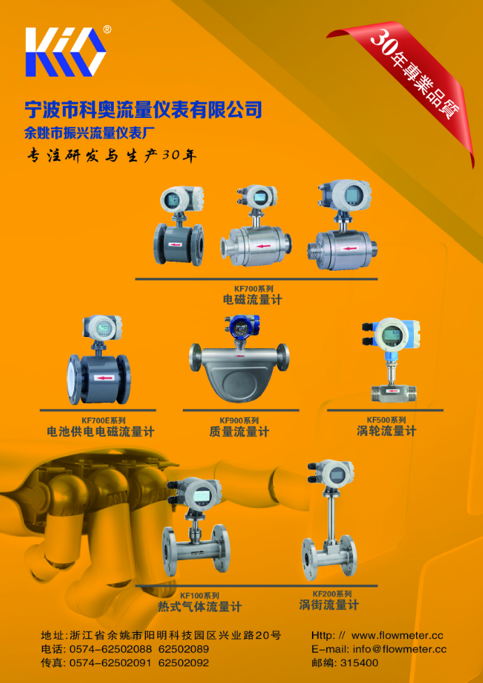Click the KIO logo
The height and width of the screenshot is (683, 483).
point(66,52)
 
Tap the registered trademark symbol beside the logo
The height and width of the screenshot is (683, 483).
point(107,29)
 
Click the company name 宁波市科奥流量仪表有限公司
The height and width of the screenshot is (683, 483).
point(143,110)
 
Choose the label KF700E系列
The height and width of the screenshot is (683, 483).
point(104,421)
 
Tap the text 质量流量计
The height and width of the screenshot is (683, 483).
point(239,432)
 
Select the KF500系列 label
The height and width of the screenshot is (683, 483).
point(386,421)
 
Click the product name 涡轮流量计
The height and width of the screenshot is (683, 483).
point(386,431)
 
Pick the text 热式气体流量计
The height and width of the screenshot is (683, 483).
point(200,606)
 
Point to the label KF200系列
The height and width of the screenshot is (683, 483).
point(332,594)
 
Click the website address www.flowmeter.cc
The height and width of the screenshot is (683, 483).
point(397,636)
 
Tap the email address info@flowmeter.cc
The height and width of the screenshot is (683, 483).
point(400,649)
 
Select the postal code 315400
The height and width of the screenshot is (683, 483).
point(359,663)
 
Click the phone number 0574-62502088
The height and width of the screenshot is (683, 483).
point(111,649)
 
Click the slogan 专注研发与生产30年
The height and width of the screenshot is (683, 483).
point(111,156)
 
